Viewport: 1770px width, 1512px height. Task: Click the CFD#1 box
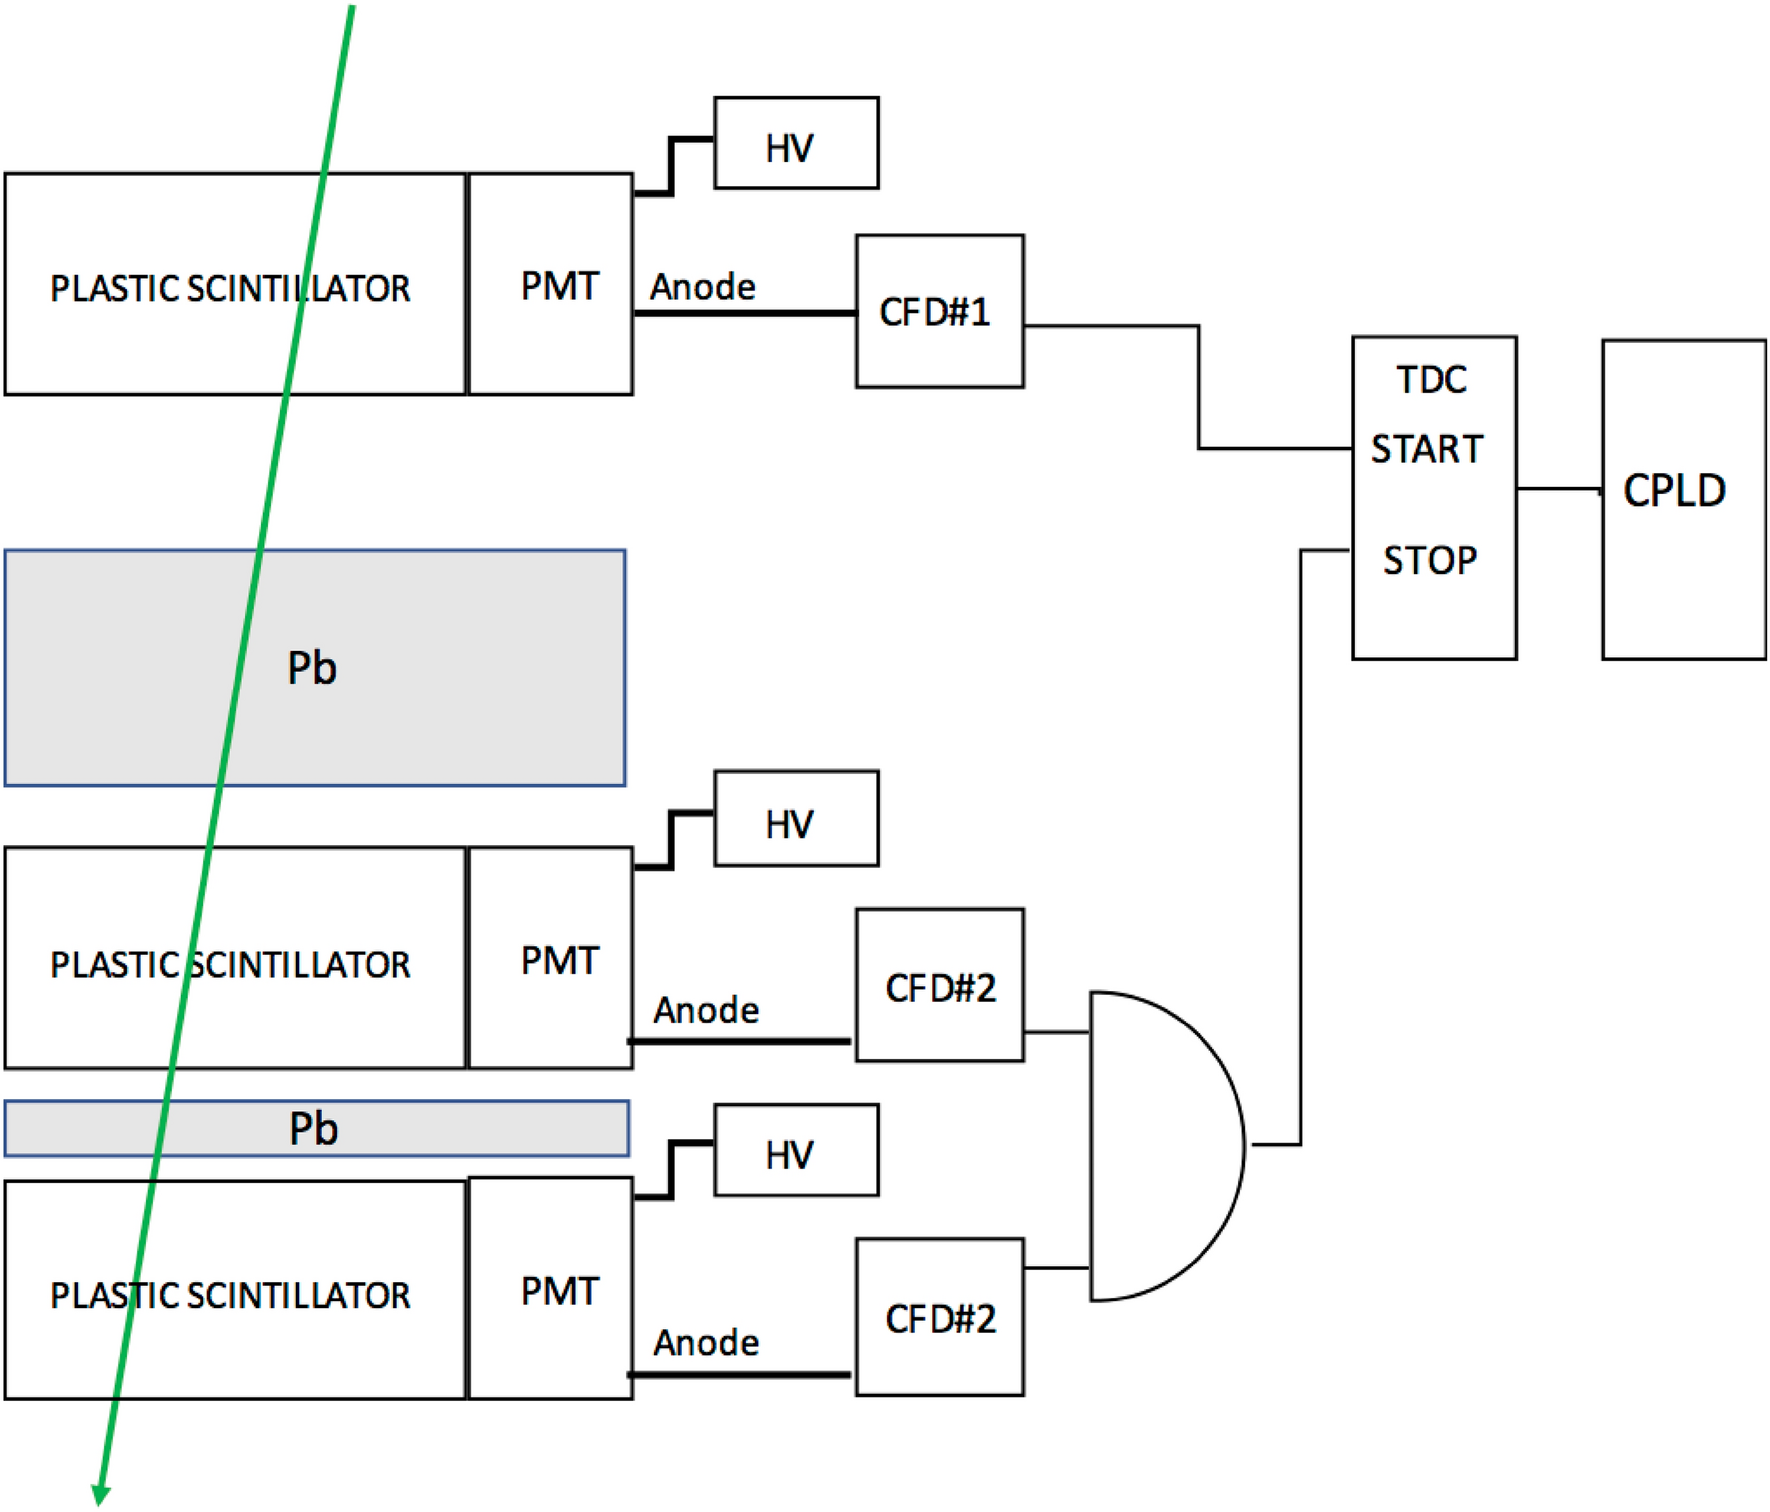tap(939, 311)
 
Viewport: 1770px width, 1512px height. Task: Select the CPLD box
tap(1683, 498)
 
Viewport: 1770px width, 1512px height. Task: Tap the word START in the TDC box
tap(1426, 449)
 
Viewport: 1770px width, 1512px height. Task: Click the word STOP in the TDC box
tap(1429, 560)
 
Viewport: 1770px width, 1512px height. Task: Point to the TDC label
tap(1431, 380)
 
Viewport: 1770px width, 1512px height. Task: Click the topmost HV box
tap(796, 143)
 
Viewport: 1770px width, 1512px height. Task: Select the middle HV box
tap(796, 818)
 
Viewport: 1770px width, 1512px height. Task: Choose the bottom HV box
tap(796, 1150)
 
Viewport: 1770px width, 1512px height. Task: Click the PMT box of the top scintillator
tap(550, 284)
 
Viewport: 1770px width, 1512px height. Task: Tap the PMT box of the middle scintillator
tap(550, 958)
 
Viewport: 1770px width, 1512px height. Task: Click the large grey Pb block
tap(420, 668)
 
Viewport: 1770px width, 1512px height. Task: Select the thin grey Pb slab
tap(450, 1129)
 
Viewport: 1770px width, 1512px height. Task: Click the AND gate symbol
tap(1160, 1146)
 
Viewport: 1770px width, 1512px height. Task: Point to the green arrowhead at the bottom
tap(100, 1493)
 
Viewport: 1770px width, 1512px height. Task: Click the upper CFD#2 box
tap(939, 985)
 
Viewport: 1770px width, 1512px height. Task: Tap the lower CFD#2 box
tap(939, 1317)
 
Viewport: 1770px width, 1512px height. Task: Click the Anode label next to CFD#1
tap(702, 287)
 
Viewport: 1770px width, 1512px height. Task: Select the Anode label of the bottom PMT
tap(706, 1342)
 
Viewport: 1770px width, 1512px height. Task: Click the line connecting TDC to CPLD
tap(1558, 489)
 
